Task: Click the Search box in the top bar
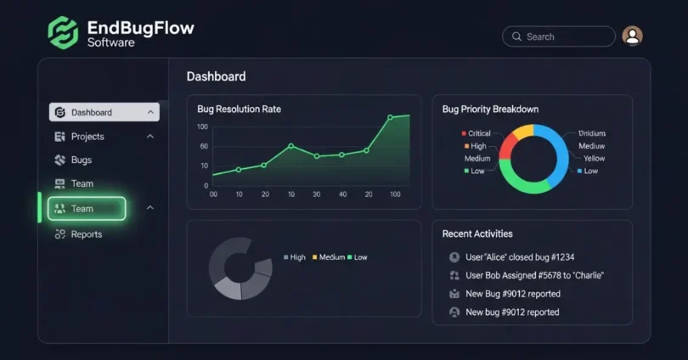click(x=558, y=37)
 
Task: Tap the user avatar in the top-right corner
click(x=632, y=36)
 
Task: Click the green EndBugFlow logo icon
click(x=63, y=32)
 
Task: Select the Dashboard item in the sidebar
click(x=104, y=112)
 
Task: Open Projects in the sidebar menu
click(x=87, y=137)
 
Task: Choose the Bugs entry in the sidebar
click(x=82, y=160)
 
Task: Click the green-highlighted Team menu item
click(x=86, y=209)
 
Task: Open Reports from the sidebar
click(x=86, y=234)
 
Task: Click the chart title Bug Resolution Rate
click(x=239, y=110)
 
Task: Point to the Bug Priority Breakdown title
click(x=490, y=110)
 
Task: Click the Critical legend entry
click(x=478, y=133)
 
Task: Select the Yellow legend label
click(x=594, y=159)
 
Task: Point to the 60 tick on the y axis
click(x=204, y=146)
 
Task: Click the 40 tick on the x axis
click(x=343, y=194)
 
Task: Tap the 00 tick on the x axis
click(x=213, y=194)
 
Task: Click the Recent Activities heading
click(x=477, y=233)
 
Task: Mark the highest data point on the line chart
click(x=409, y=115)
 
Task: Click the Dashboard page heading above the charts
click(x=216, y=76)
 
